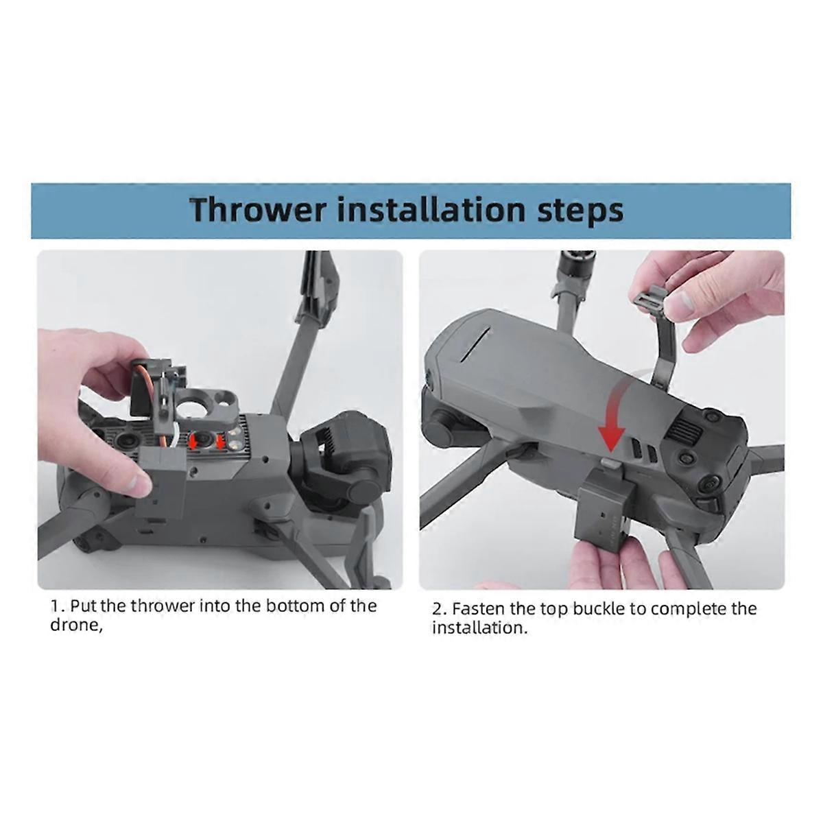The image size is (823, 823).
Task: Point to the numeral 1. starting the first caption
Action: pyautogui.click(x=58, y=606)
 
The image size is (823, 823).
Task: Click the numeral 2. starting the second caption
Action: pyautogui.click(x=439, y=609)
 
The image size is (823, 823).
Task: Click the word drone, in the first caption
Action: pyautogui.click(x=76, y=626)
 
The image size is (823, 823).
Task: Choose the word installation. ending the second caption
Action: pyautogui.click(x=479, y=628)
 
